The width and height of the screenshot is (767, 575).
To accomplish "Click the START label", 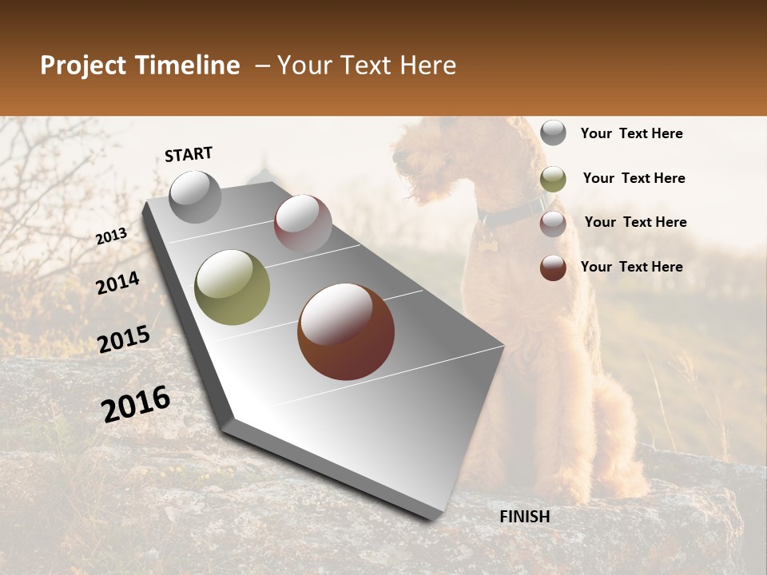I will [189, 154].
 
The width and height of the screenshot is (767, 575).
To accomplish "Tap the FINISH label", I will [525, 517].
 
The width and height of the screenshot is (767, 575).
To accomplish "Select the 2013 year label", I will [112, 236].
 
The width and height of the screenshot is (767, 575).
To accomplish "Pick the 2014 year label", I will [118, 283].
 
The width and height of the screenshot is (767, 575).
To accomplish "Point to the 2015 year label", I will [124, 339].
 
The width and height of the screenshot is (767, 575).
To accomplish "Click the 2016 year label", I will [136, 403].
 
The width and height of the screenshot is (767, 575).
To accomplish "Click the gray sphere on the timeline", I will [195, 196].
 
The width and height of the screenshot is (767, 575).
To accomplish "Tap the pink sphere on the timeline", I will [303, 223].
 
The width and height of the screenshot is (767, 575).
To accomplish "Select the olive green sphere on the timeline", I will [232, 287].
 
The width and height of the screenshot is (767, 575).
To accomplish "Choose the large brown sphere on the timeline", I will [346, 331].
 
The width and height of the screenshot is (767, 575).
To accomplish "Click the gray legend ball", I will [553, 133].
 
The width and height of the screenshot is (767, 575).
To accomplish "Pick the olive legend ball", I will [553, 179].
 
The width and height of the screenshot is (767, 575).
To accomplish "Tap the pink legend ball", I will [553, 224].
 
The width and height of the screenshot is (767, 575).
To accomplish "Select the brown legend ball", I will [553, 268].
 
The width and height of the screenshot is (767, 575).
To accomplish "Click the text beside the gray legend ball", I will [631, 133].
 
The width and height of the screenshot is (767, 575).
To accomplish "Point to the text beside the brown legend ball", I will [631, 267].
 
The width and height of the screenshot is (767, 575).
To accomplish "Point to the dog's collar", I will [511, 212].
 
